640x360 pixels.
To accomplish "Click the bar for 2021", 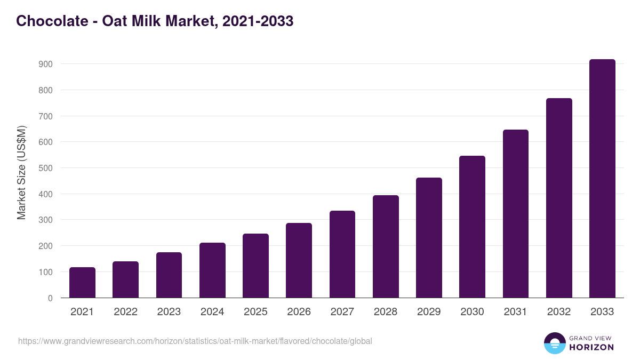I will pos(82,283).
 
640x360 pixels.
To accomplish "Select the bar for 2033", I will pos(602,179).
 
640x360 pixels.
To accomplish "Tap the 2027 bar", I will pos(342,254).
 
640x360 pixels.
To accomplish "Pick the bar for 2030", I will pos(472,227).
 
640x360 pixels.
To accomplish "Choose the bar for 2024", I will pos(212,270).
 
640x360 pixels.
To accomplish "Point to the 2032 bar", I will pos(559,198).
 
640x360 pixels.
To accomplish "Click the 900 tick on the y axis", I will pos(46,64).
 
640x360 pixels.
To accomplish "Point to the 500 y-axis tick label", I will pos(46,168).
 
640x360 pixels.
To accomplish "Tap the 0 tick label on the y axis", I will pos(50,298).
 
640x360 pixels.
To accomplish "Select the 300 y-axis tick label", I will pos(46,220).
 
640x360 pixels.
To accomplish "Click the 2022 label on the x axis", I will pos(125,312).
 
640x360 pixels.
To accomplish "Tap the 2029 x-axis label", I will pos(429,312).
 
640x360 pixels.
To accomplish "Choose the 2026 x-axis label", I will pos(299,312).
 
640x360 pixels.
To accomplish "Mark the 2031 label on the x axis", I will pos(515,312).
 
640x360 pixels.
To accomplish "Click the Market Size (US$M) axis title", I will pos(21,173).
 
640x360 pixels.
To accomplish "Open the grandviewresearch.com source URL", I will pos(195,341).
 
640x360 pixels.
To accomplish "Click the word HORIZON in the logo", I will pos(591,347).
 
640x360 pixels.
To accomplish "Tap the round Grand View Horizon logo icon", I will pos(554,343).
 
